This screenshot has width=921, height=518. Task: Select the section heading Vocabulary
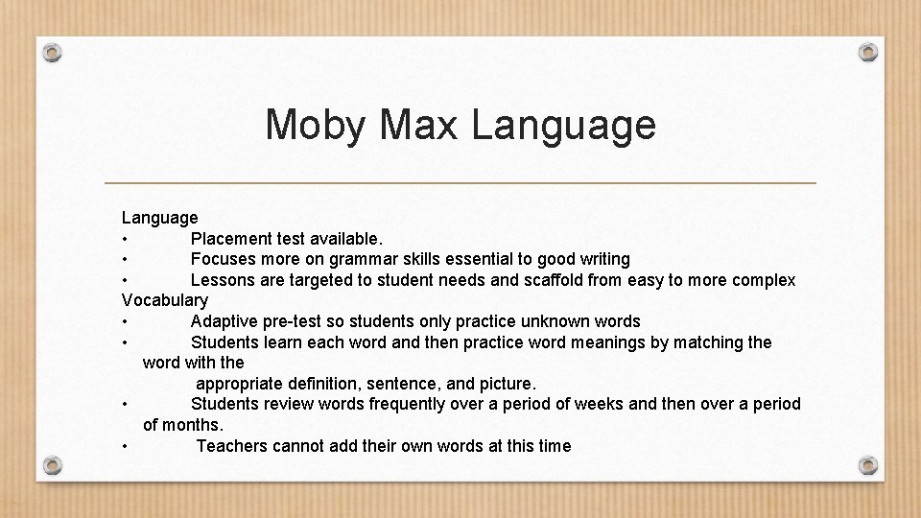point(165,300)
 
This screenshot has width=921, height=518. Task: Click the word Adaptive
point(226,321)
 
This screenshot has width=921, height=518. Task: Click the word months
point(194,425)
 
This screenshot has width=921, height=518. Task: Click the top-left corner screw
point(53,52)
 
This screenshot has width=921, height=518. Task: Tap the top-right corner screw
point(867,52)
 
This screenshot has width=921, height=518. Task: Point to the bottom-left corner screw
point(53,466)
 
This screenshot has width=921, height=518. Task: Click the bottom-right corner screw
point(867,466)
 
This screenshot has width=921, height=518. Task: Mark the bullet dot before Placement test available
point(126,239)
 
